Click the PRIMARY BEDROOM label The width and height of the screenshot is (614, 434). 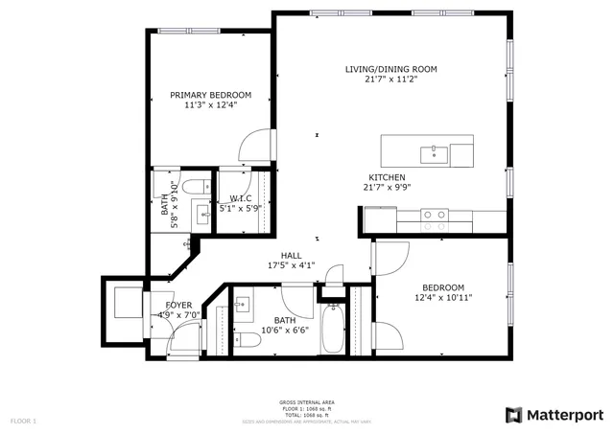210,95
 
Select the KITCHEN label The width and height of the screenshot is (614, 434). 387,177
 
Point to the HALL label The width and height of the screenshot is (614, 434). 292,255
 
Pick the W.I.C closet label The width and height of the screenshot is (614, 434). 240,197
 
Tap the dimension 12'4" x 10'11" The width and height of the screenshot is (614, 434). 442,298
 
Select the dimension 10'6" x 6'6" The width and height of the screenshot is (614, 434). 285,331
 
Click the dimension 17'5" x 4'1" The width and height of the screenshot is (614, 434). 292,265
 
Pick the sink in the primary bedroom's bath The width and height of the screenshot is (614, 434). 201,214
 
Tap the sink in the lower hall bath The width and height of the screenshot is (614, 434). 241,305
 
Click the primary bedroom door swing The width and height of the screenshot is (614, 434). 251,147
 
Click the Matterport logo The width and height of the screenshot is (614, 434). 555,414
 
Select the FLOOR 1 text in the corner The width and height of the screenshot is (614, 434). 23,421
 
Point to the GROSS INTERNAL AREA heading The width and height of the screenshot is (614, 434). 307,402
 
